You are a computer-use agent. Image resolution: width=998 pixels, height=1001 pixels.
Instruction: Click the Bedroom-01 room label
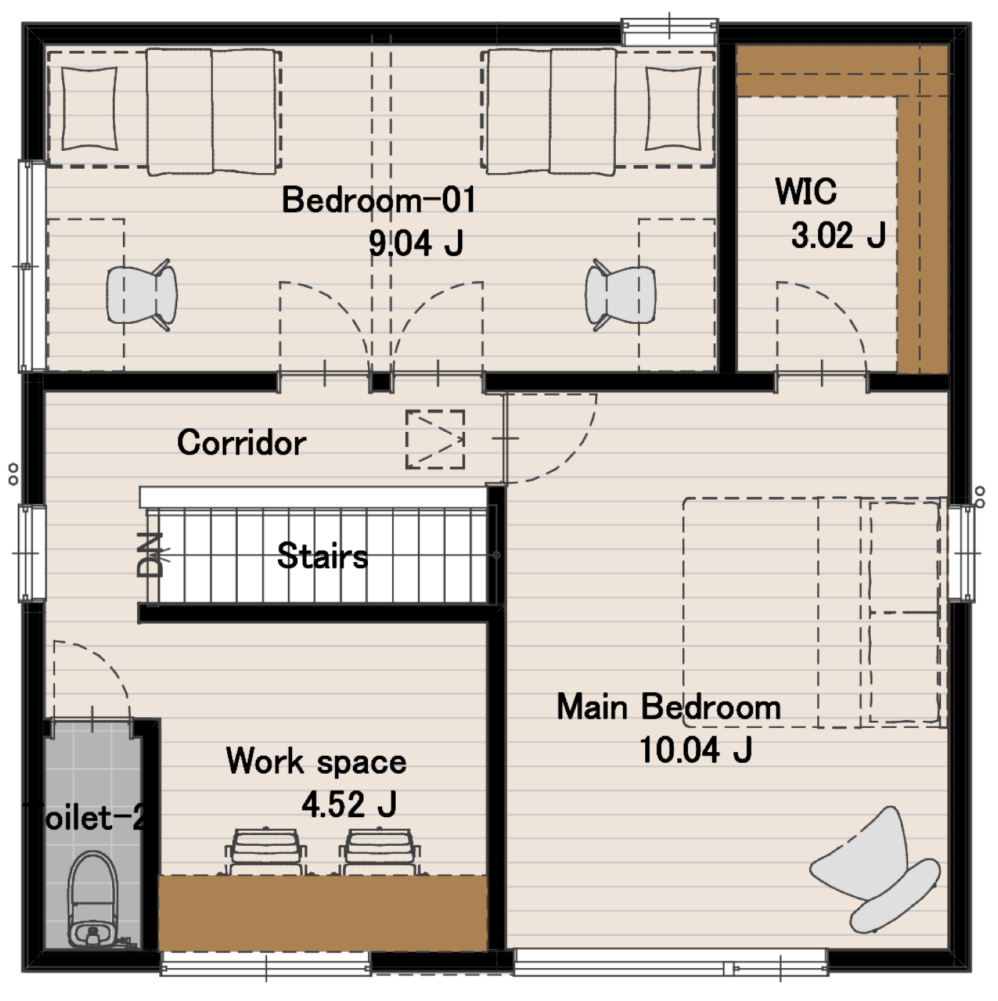(379, 200)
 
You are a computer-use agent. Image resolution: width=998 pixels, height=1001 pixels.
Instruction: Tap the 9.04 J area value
(416, 242)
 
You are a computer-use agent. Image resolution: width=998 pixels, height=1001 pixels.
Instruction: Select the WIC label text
(806, 191)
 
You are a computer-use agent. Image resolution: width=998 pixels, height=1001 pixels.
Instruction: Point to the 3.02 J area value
(839, 235)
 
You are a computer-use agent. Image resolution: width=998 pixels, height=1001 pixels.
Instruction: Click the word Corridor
(241, 443)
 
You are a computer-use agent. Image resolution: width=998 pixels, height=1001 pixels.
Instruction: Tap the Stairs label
(322, 556)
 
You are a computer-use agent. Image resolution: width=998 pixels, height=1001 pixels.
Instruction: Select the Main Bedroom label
(669, 706)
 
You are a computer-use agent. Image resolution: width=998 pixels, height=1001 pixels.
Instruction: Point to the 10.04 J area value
(696, 749)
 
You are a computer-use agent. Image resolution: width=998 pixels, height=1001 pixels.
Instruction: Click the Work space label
(316, 761)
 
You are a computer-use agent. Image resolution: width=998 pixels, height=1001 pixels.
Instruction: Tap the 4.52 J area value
(349, 804)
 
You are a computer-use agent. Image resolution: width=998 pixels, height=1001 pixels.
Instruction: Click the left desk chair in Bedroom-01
(141, 295)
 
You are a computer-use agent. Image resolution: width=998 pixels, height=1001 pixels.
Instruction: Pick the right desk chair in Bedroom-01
(620, 295)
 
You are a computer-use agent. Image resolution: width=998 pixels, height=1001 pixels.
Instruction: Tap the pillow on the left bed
(89, 109)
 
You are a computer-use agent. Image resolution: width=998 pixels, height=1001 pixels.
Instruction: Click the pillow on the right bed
(674, 109)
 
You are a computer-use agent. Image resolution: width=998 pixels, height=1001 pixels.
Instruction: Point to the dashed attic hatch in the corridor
(435, 440)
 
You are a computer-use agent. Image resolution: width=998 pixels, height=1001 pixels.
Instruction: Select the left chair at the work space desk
(266, 852)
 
